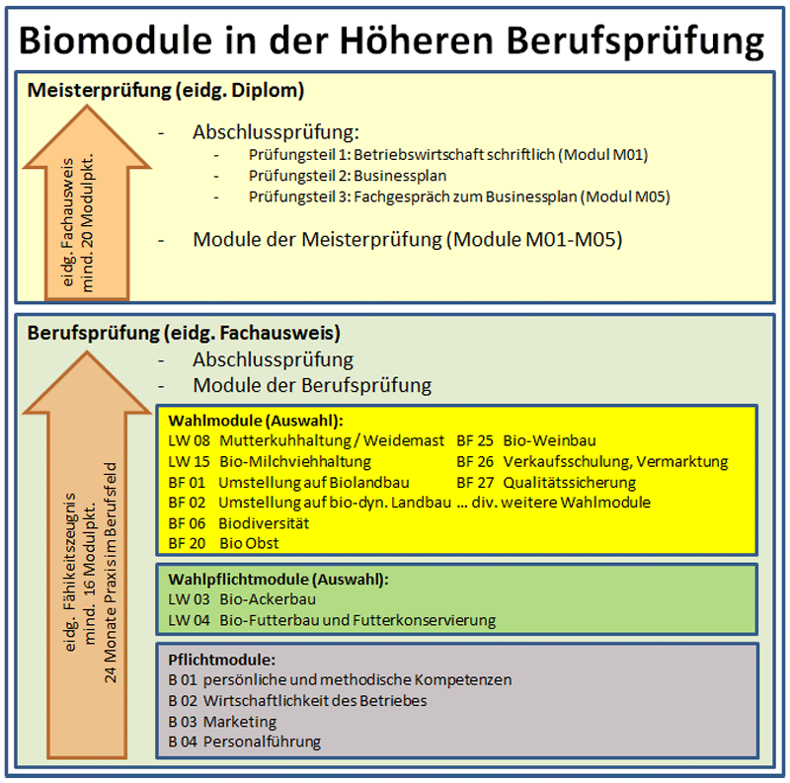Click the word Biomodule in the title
click(116, 40)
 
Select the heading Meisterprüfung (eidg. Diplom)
click(166, 91)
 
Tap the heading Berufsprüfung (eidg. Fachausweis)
click(184, 334)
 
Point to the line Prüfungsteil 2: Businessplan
click(348, 176)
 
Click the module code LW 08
click(189, 441)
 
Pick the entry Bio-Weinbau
click(550, 441)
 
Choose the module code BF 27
click(475, 483)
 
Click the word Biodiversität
click(264, 523)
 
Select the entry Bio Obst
click(249, 544)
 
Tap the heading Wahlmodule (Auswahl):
click(256, 421)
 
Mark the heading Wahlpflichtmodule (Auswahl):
click(278, 580)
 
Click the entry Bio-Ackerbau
click(268, 599)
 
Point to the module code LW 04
click(189, 620)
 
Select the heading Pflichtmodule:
click(221, 660)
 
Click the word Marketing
click(240, 722)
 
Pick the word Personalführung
click(262, 743)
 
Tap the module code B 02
click(183, 701)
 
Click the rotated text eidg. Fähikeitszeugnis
click(70, 572)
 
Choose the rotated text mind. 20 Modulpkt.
click(87, 222)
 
